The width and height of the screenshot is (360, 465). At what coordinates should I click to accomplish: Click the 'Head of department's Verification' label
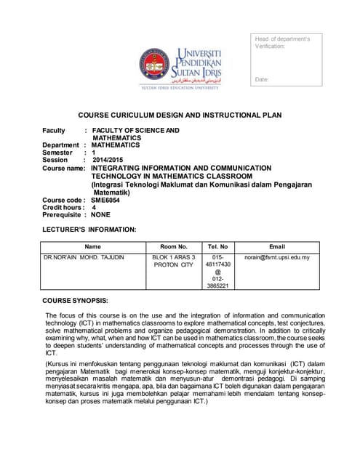pos(282,42)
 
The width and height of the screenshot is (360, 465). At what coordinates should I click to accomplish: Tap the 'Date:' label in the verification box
pos(263,78)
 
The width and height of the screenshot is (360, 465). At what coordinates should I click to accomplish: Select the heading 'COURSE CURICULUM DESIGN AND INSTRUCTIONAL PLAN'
pos(180,115)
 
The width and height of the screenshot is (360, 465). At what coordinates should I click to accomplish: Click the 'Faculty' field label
pos(54,131)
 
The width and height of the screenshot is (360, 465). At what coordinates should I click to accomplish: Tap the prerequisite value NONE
pos(101,215)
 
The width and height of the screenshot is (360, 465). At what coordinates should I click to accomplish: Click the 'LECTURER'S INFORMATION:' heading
pos(89,230)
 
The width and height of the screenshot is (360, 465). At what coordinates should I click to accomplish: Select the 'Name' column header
pos(93,247)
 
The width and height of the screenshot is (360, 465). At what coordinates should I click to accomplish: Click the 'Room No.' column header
pos(173,247)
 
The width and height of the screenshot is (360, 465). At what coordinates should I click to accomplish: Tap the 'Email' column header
pos(277,247)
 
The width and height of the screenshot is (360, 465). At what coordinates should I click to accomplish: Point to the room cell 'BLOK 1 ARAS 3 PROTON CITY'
pos(173,262)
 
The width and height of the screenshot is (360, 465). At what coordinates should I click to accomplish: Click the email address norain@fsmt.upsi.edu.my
pos(277,258)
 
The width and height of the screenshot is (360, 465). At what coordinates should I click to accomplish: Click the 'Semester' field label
pos(57,153)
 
